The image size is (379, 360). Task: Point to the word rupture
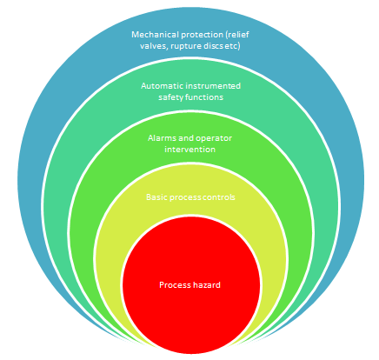coord(191,47)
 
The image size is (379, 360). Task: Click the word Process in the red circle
coord(175,285)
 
